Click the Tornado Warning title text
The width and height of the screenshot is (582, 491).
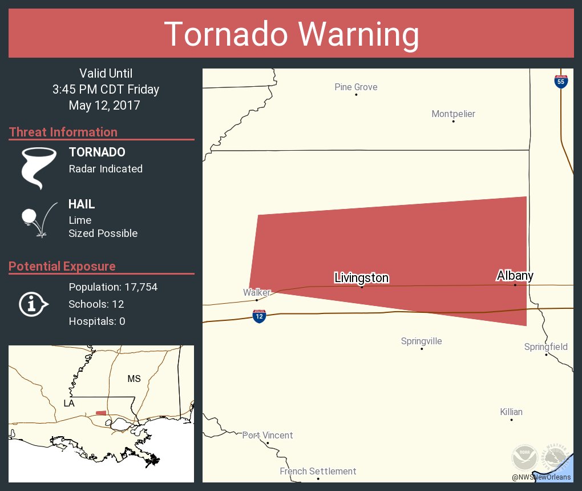(x=292, y=34)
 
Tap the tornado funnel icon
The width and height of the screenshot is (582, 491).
(x=39, y=168)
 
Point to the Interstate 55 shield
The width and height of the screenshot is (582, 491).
(x=561, y=81)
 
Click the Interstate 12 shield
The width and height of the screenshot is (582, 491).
(x=259, y=316)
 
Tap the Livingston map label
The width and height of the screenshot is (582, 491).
(x=361, y=278)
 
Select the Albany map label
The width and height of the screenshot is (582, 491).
(x=515, y=276)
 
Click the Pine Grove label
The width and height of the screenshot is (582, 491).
(x=355, y=87)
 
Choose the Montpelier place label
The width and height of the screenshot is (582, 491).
(x=453, y=114)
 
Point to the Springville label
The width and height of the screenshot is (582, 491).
(x=421, y=341)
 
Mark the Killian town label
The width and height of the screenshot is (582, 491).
(x=511, y=412)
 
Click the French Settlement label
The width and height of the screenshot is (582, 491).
(x=318, y=472)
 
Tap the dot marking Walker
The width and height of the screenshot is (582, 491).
(x=257, y=300)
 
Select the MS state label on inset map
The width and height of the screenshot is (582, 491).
(x=134, y=379)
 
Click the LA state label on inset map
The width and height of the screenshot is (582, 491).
(x=69, y=403)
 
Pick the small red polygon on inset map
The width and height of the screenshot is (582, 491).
(x=101, y=413)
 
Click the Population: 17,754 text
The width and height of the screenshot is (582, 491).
(x=113, y=287)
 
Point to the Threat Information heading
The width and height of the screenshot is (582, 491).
(x=63, y=132)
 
